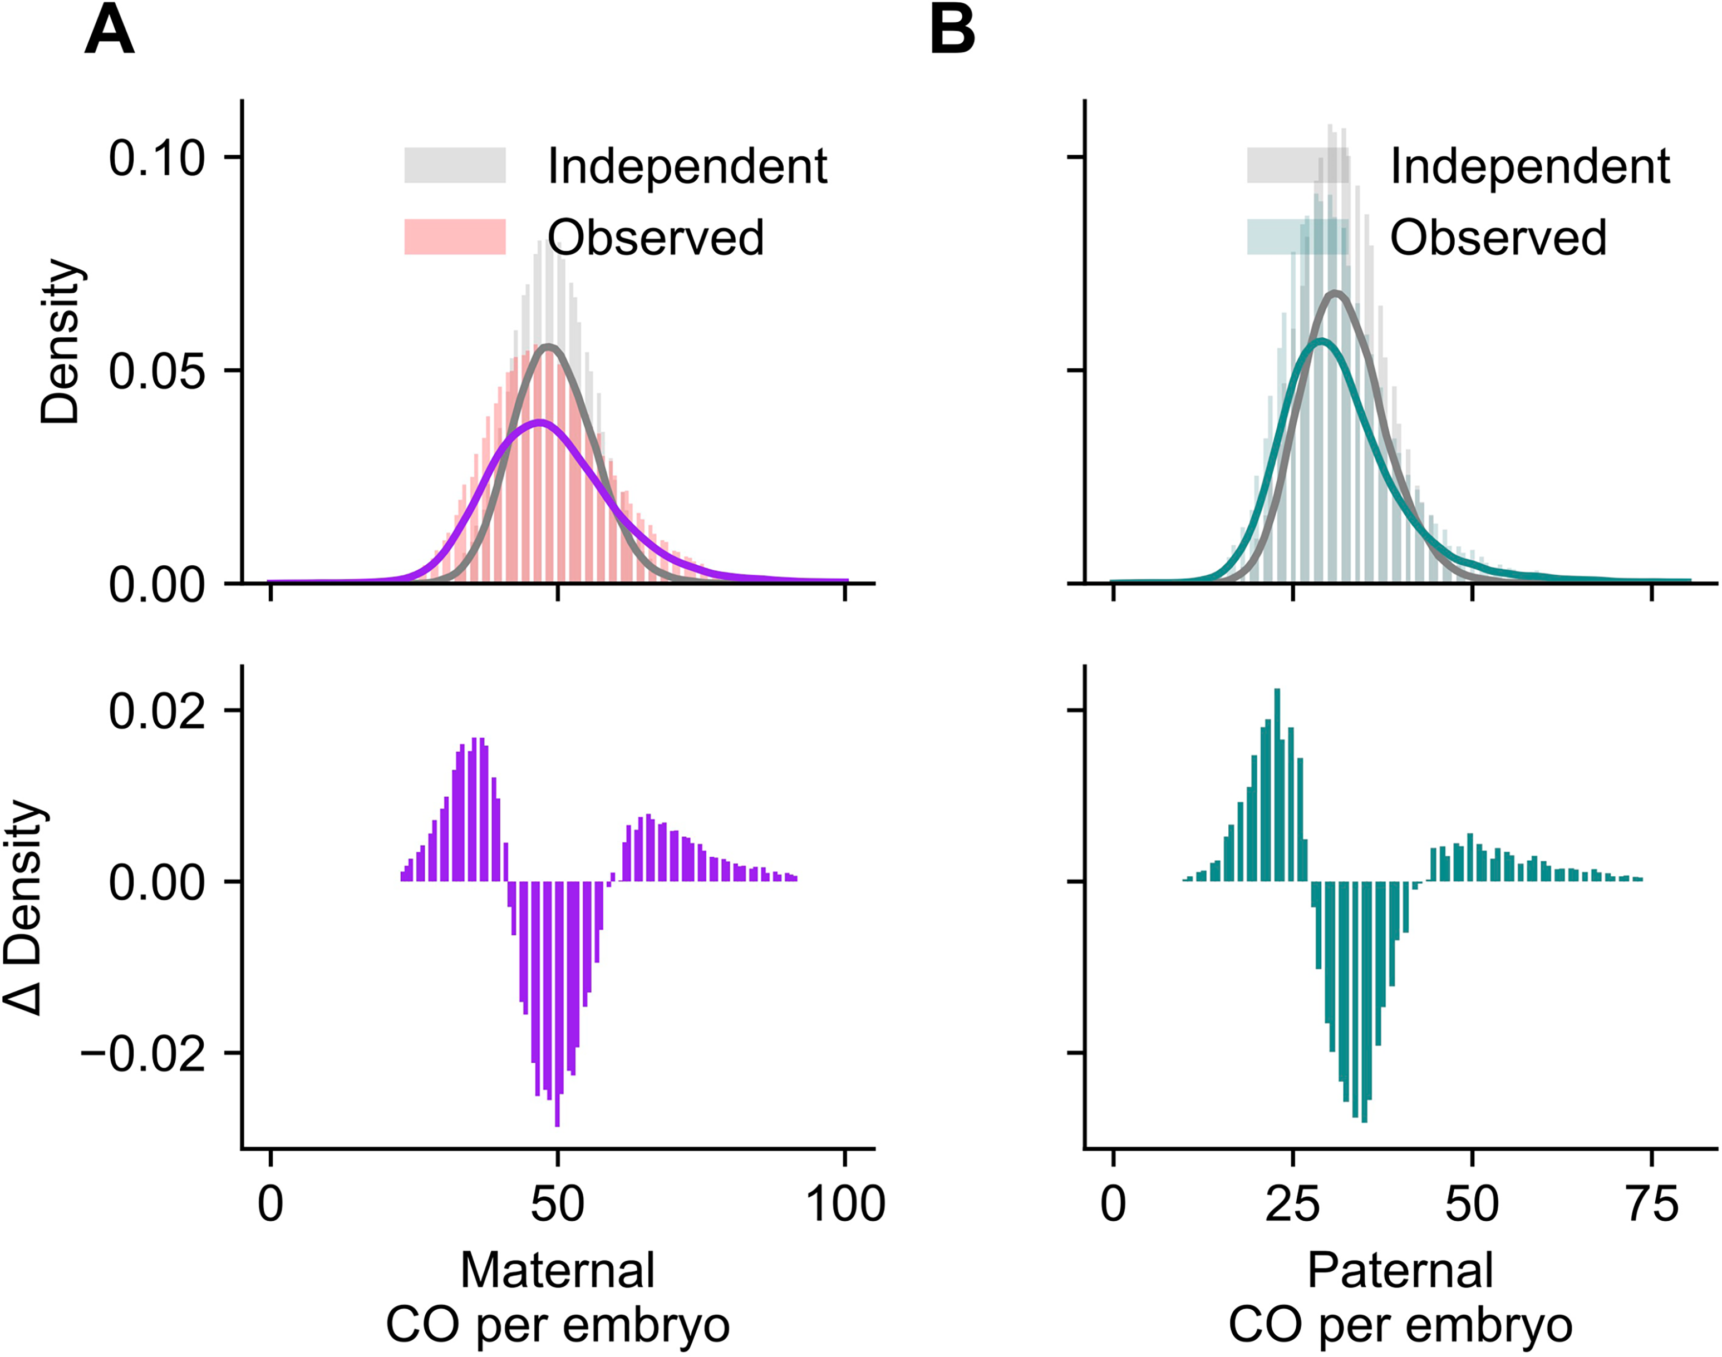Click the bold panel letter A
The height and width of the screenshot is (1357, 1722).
coord(109,33)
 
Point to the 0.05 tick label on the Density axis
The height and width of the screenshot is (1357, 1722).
coord(156,371)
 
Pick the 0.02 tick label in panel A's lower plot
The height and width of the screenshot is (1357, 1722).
coord(156,710)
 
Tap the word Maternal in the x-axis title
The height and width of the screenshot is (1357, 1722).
coord(557,1270)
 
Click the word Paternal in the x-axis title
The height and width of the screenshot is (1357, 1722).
coord(1400,1270)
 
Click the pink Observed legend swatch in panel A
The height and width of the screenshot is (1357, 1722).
coord(455,237)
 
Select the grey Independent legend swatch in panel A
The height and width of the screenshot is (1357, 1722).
coord(455,165)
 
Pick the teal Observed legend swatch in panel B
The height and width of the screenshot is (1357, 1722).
coord(1297,237)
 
